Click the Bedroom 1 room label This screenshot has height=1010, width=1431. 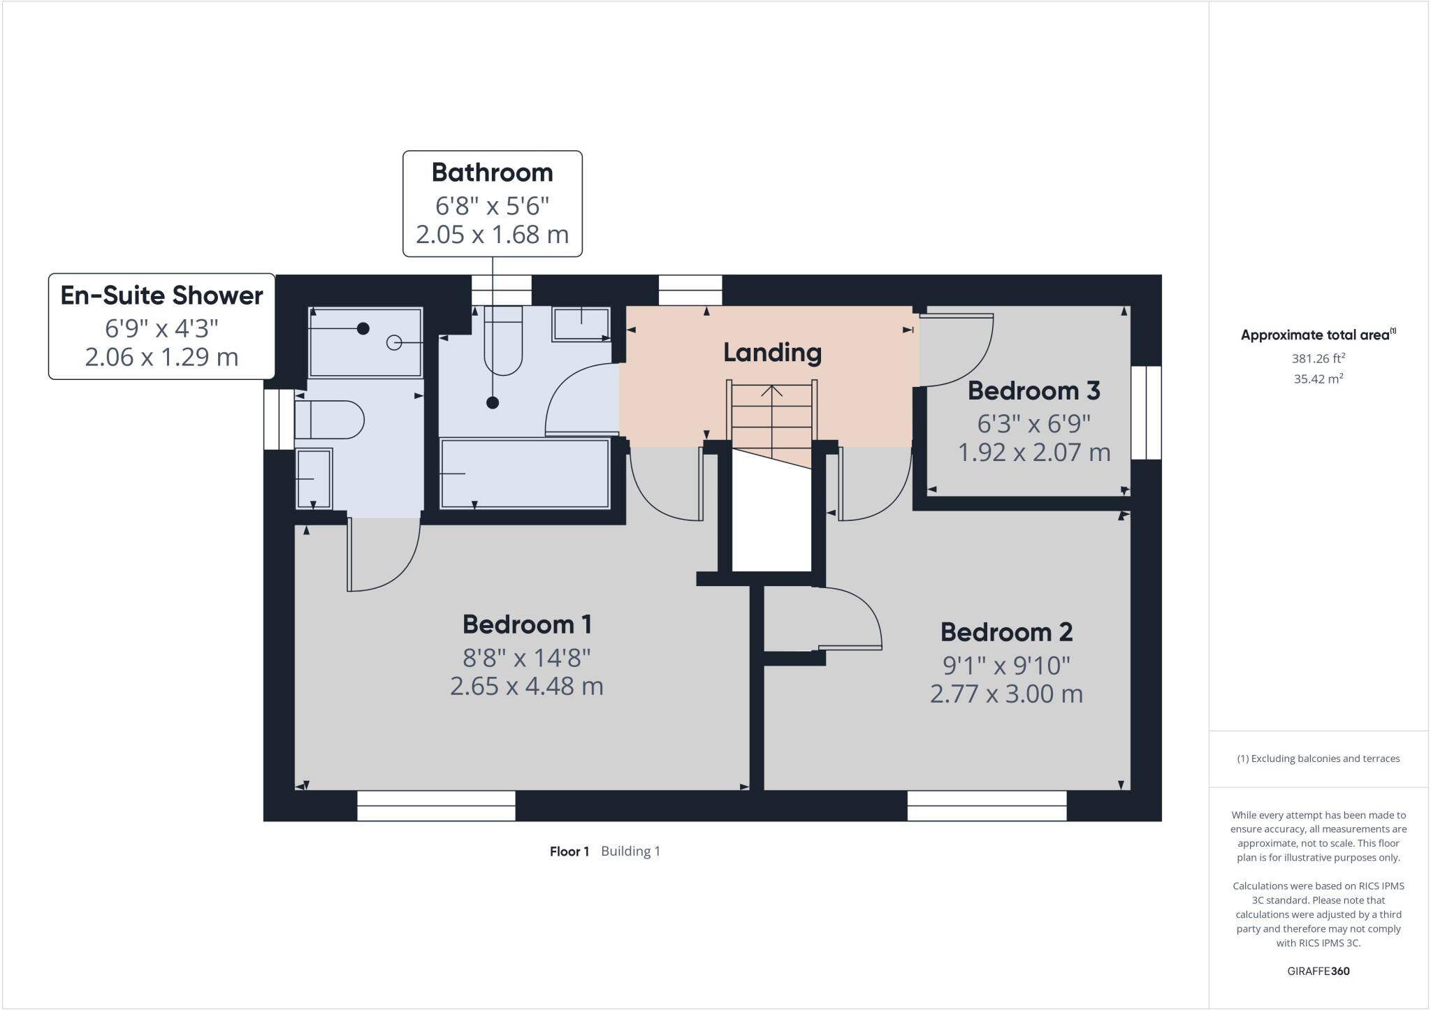527,624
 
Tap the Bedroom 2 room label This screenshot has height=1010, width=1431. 1006,632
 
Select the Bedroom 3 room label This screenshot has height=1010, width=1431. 1033,390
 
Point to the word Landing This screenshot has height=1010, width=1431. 772,352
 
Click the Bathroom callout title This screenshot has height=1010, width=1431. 492,173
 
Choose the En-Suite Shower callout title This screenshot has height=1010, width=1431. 161,295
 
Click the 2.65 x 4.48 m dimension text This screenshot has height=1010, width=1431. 526,686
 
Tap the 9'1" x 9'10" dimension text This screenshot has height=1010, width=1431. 1006,666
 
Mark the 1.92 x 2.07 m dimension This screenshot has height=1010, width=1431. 1033,453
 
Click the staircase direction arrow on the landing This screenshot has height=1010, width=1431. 772,391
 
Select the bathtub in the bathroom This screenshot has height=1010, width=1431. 525,473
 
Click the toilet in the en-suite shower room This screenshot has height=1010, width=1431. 328,420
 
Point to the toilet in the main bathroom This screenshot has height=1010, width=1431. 503,339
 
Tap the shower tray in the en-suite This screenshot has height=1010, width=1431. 365,342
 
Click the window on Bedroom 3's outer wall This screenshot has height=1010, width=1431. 1146,413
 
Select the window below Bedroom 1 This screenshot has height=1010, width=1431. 436,805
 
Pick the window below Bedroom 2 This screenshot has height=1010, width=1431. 987,805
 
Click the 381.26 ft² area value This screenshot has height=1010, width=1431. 1318,359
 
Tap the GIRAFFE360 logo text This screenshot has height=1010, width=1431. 1318,971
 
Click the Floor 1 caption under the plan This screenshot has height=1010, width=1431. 569,851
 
